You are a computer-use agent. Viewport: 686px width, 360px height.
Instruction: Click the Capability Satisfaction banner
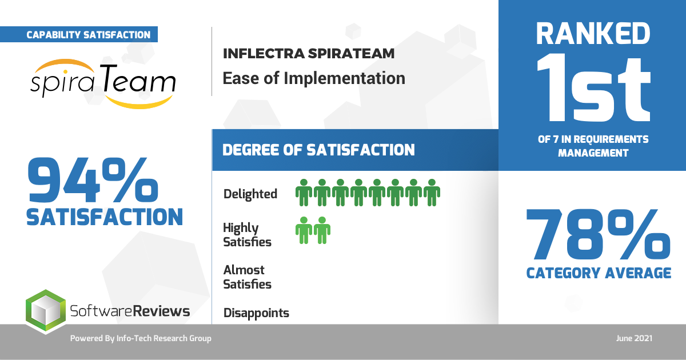(x=79, y=34)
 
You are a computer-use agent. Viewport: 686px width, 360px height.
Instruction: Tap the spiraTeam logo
(x=103, y=83)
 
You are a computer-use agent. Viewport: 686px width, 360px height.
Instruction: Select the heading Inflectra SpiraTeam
(x=309, y=54)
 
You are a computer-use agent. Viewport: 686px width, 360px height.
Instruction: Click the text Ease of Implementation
(x=314, y=78)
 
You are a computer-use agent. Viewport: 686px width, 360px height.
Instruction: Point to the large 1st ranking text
(x=593, y=89)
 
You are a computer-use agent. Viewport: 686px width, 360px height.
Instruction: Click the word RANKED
(x=593, y=34)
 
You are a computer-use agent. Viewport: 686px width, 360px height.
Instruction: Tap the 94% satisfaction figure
(x=93, y=180)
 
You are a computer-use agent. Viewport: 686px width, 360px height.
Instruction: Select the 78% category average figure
(x=599, y=234)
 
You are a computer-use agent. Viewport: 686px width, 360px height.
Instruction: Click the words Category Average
(x=599, y=273)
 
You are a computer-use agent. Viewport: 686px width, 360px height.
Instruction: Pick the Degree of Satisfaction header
(x=318, y=150)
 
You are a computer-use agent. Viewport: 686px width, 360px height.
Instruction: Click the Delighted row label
(x=250, y=194)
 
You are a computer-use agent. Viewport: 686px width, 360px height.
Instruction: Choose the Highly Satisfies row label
(x=247, y=235)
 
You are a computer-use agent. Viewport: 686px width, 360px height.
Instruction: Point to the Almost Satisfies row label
(x=247, y=277)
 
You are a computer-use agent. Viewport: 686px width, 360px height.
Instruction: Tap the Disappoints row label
(x=256, y=313)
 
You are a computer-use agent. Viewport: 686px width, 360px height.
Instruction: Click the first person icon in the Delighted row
(x=304, y=193)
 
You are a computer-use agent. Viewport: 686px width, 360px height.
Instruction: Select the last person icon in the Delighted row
(x=432, y=193)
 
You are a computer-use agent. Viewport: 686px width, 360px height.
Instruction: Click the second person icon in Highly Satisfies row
(x=322, y=230)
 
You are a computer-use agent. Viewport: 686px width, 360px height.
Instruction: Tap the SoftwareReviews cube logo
(x=46, y=311)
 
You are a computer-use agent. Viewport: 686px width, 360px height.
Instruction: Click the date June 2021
(x=634, y=338)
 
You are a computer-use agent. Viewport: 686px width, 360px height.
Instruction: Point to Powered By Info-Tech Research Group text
(x=141, y=338)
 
